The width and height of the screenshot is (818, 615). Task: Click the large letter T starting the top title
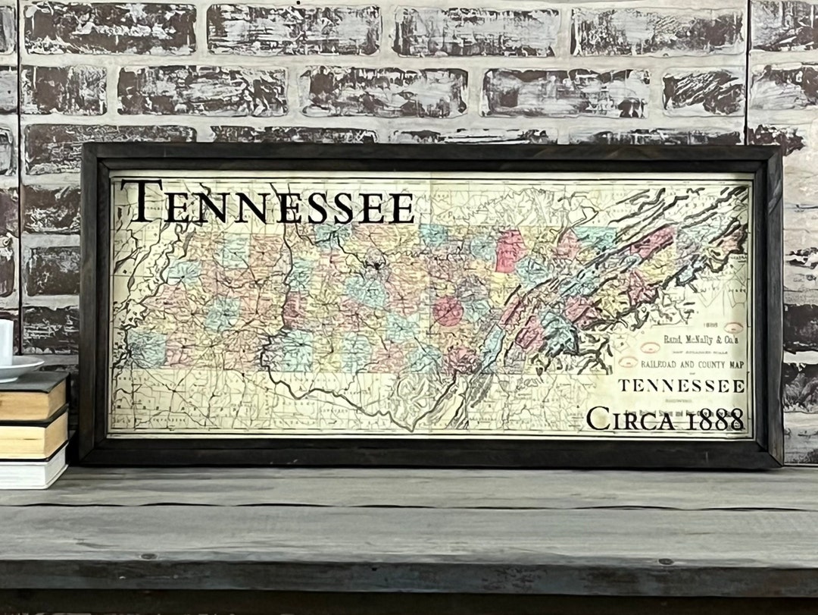pyautogui.click(x=141, y=202)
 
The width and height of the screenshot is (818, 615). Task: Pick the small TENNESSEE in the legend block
pyautogui.click(x=681, y=385)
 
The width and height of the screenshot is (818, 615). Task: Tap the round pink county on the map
pyautogui.click(x=448, y=311)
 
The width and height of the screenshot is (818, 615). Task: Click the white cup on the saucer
pyautogui.click(x=5, y=342)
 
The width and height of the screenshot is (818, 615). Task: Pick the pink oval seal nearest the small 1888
pyautogui.click(x=732, y=328)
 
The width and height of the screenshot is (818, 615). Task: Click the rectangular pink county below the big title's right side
pyautogui.click(x=510, y=252)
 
